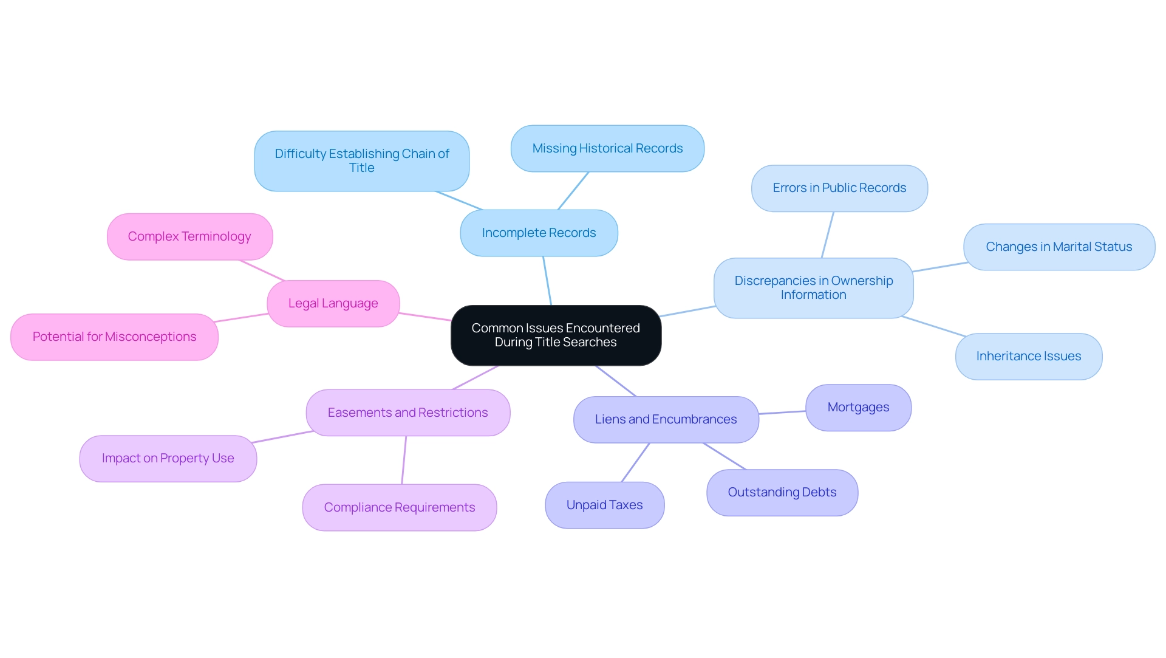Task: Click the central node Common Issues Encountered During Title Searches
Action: pos(556,335)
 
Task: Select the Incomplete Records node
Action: pos(539,233)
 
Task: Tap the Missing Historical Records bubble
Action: pos(607,149)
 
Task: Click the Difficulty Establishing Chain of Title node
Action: pos(361,161)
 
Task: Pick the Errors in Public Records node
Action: pos(839,188)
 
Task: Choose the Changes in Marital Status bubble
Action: pos(1059,247)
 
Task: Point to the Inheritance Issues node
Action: pos(1028,357)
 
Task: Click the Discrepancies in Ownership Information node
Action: pos(813,288)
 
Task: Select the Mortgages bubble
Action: pos(858,408)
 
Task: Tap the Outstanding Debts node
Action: pos(782,493)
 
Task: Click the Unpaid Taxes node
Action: pos(604,505)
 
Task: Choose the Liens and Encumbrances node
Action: pos(666,420)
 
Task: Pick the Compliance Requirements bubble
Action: pos(399,508)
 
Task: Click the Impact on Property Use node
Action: pos(168,459)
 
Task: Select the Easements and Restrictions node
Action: pos(407,413)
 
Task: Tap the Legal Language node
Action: pos(333,304)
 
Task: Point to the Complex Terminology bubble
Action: pos(189,237)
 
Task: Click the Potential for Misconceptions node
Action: pos(114,337)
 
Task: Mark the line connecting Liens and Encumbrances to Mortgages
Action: pos(782,413)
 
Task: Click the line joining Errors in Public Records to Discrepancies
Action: pos(828,235)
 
